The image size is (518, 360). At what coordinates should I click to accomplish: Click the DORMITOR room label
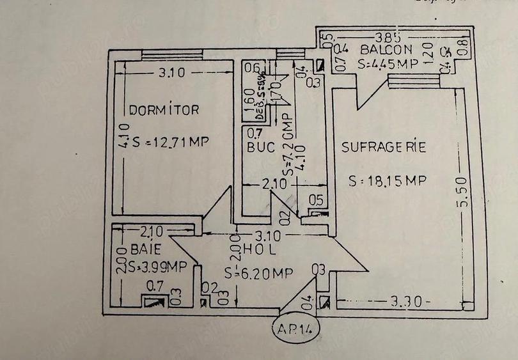[x=164, y=110]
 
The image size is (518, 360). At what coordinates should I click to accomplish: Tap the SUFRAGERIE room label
[x=383, y=147]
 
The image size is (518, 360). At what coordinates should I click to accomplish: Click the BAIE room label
[x=146, y=248]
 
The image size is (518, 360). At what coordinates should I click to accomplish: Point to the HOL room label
[x=247, y=247]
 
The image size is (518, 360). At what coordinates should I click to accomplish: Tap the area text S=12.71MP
[x=171, y=141]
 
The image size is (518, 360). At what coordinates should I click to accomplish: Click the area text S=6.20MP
[x=258, y=273]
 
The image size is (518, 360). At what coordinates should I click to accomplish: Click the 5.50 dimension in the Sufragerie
[x=462, y=191]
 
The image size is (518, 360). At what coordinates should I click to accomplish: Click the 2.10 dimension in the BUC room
[x=276, y=185]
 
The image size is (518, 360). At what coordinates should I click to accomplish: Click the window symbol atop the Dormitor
[x=172, y=54]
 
